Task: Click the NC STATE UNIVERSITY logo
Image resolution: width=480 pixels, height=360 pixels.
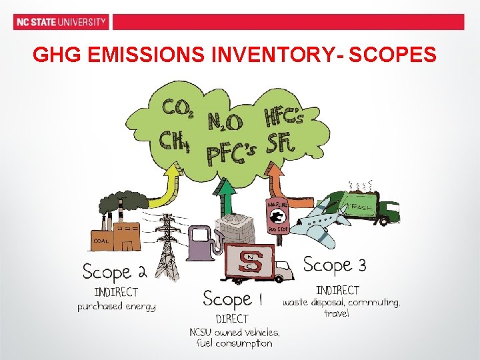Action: click(x=61, y=22)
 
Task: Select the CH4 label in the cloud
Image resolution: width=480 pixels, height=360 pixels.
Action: click(x=175, y=141)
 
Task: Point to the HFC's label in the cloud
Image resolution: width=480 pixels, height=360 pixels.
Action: click(x=284, y=117)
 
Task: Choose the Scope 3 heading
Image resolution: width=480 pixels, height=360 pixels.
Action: click(x=334, y=265)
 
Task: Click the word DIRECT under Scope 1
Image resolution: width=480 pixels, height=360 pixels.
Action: click(x=232, y=319)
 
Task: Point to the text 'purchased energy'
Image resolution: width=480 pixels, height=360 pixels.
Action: click(x=116, y=307)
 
